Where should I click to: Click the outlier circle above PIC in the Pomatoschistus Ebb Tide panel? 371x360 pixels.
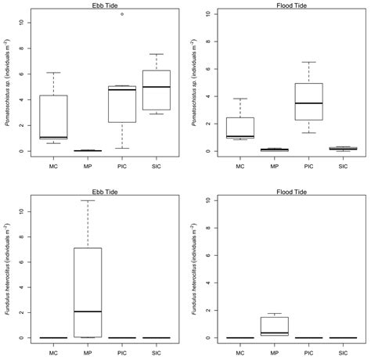[x=121, y=14]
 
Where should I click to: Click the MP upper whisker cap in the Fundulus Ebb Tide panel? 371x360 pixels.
[x=86, y=200]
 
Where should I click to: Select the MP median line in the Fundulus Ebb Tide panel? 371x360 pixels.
[x=86, y=311]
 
